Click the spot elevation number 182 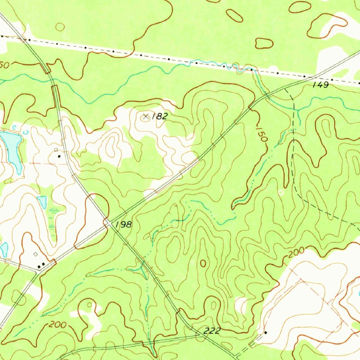pos(160,117)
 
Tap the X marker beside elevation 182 pos(146,116)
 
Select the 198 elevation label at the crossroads pos(123,224)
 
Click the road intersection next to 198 pos(108,223)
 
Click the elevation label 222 pos(212,330)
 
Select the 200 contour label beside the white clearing pos(295,254)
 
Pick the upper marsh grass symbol pos(53,211)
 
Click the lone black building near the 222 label pos(265,332)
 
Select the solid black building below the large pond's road pos(59,156)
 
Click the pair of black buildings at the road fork pos(41,265)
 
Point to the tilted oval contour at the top pos(234,15)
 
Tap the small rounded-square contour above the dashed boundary pos(264,43)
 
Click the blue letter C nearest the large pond pos(14,127)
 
